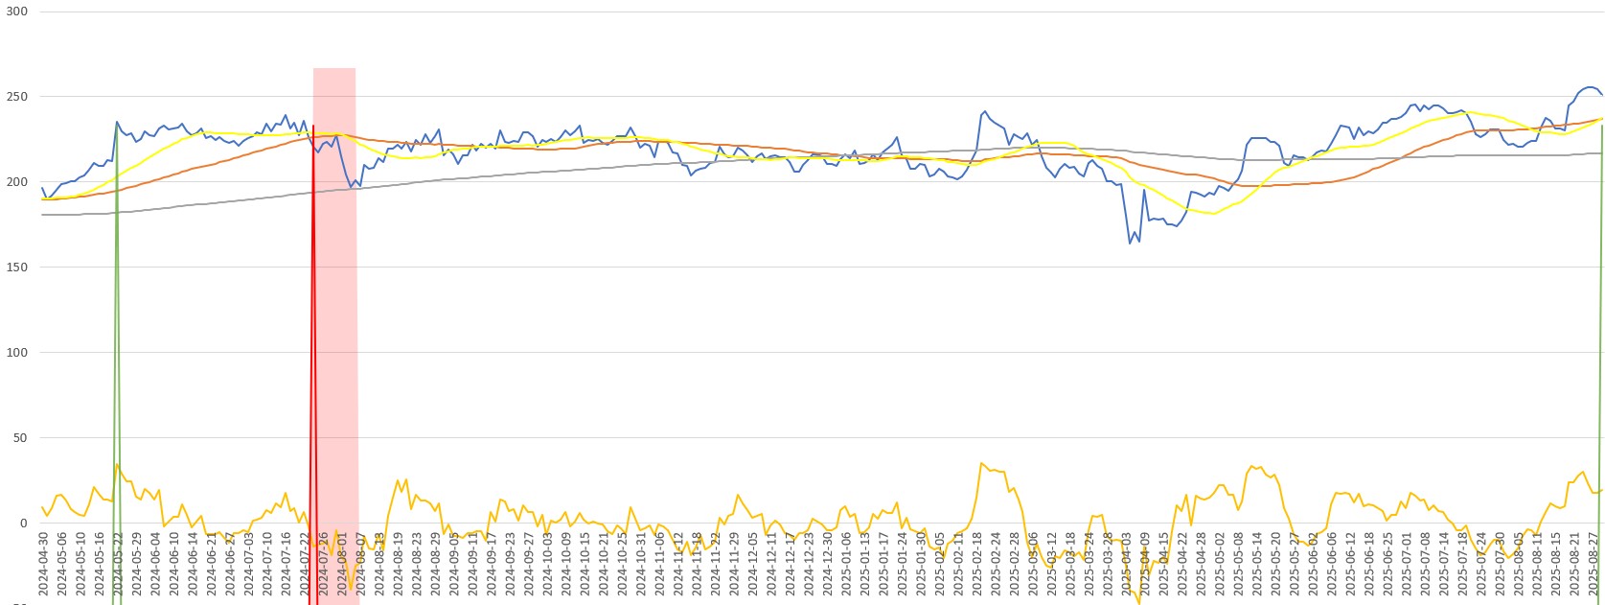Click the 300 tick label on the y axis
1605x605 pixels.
[17, 12]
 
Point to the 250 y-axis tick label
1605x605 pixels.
[17, 97]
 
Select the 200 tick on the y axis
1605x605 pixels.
[17, 182]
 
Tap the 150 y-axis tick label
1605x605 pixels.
[17, 268]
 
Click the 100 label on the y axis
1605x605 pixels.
[17, 353]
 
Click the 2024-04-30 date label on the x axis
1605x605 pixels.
[43, 566]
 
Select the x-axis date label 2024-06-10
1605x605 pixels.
[174, 566]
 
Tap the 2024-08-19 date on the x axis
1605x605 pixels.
[399, 566]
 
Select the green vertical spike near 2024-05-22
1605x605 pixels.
[117, 336]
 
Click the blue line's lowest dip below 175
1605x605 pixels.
[1130, 243]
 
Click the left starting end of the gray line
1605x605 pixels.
[43, 215]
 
